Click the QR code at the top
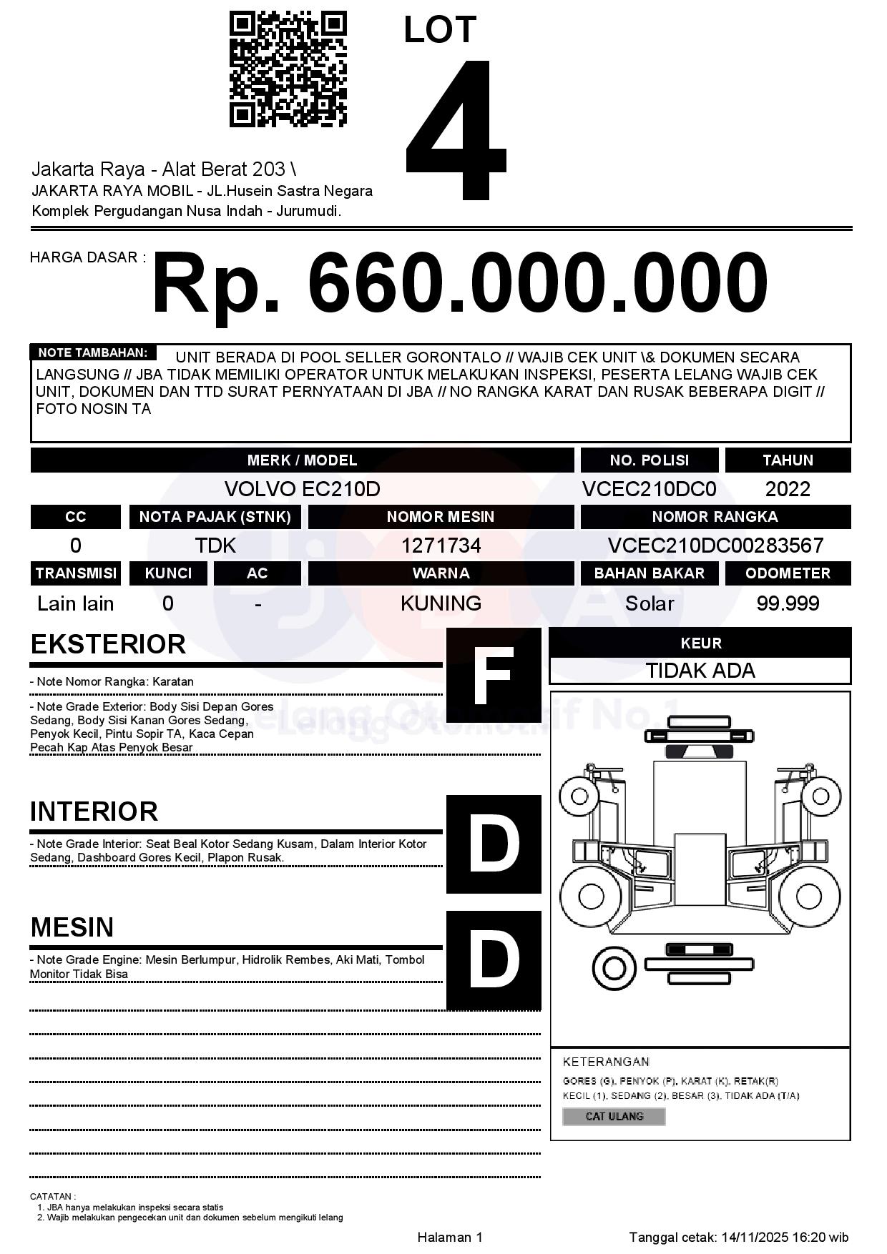(288, 69)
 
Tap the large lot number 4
(456, 130)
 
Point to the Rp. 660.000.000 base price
(459, 283)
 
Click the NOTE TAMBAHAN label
(92, 352)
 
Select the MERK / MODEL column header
(302, 460)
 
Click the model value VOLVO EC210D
(302, 489)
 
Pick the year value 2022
(788, 489)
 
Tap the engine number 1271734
(441, 545)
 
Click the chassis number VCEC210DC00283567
(715, 545)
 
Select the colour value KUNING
(441, 603)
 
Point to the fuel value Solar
(650, 603)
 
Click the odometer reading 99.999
(788, 603)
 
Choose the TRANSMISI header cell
(76, 573)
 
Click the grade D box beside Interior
(494, 844)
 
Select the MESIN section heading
(72, 927)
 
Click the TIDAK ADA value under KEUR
(700, 671)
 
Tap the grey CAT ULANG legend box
(614, 1116)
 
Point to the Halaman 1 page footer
(450, 1237)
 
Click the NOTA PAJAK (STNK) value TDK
(215, 545)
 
